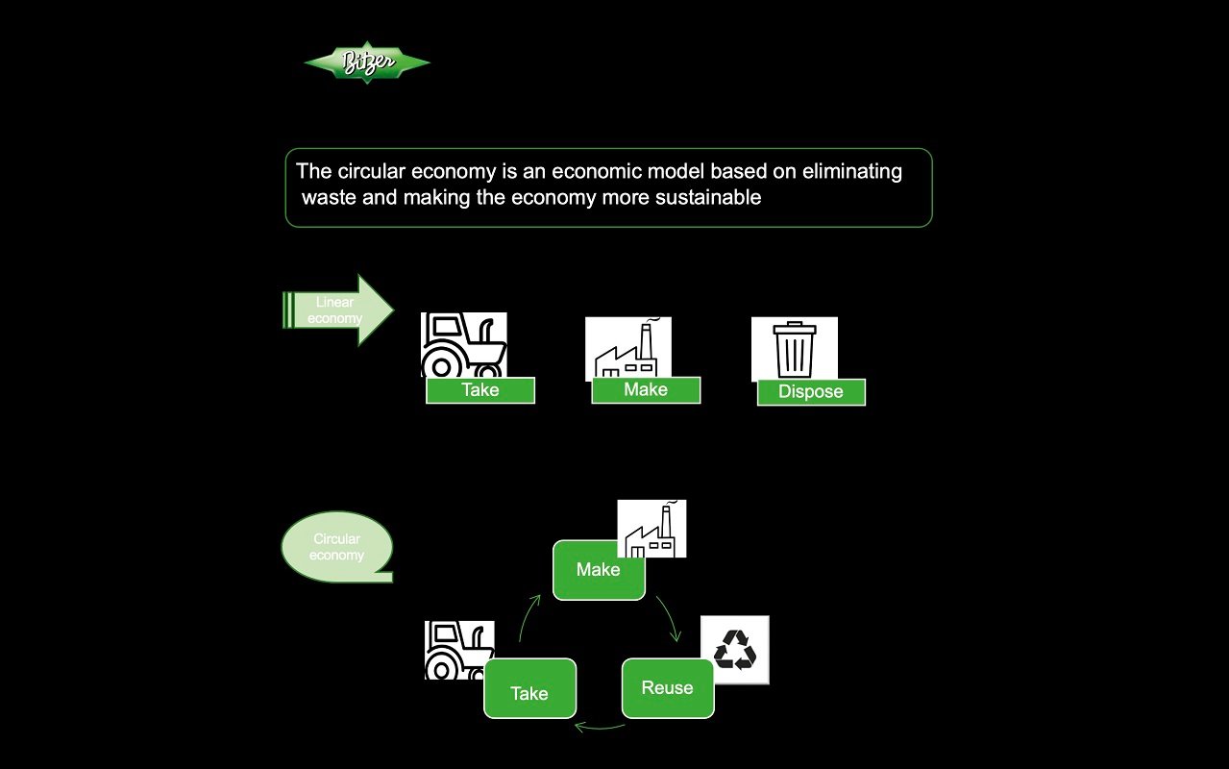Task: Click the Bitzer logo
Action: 366,63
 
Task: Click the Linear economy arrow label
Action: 336,310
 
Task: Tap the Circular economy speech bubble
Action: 337,547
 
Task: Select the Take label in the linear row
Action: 480,390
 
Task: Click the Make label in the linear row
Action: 646,389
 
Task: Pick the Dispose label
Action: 811,392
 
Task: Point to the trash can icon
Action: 795,348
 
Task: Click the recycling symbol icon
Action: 735,650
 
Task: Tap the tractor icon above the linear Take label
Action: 463,344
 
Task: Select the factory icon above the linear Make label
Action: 628,347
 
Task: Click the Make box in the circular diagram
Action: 599,570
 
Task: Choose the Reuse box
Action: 668,688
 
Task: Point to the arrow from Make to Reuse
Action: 670,617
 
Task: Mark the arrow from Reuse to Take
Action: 600,727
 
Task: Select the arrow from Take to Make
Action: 528,617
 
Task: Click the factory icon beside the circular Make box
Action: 651,529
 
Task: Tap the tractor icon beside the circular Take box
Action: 459,650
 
